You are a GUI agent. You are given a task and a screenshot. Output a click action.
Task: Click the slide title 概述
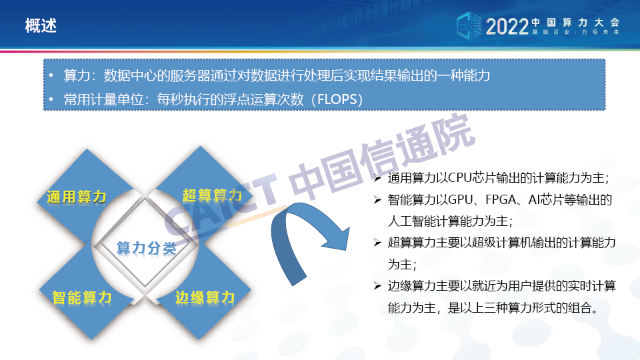click(x=41, y=26)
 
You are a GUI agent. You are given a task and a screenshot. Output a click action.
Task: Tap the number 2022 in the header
click(x=507, y=27)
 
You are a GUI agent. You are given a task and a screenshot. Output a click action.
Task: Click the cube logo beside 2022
click(x=469, y=26)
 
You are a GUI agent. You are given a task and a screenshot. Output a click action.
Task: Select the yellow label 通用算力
click(x=76, y=197)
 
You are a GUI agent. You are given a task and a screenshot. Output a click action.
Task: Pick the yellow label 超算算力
click(x=212, y=195)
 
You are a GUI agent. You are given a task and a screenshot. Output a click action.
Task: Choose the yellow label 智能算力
click(x=81, y=297)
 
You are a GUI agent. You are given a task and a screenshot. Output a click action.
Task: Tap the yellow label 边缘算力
click(x=205, y=297)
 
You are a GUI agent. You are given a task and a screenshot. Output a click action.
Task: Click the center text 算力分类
click(x=146, y=248)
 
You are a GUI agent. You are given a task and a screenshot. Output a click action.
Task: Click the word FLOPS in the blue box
click(x=337, y=99)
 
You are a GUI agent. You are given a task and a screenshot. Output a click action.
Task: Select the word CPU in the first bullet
click(x=459, y=178)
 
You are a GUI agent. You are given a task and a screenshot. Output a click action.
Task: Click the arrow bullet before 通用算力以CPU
click(x=377, y=178)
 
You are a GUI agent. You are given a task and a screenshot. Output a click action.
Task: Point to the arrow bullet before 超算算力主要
click(x=377, y=243)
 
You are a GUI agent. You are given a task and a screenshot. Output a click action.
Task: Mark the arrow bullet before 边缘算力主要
click(x=377, y=286)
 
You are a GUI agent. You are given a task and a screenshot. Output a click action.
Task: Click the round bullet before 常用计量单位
click(x=51, y=99)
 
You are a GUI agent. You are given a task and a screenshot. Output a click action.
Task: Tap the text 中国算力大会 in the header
click(x=575, y=23)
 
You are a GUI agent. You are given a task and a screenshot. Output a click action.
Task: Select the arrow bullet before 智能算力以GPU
click(x=377, y=199)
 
